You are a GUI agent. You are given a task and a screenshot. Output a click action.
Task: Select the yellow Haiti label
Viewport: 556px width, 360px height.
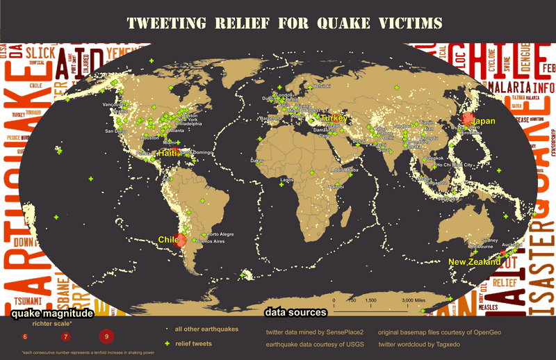(x=167, y=152)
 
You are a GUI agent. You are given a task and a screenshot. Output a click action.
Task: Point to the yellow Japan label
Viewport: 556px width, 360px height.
(x=484, y=121)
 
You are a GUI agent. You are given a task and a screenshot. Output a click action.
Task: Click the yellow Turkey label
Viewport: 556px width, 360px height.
(x=334, y=119)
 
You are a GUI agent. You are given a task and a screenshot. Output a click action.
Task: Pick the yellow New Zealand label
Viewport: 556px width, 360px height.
(x=474, y=262)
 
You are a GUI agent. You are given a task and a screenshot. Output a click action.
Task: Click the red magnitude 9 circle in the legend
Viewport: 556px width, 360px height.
(x=106, y=336)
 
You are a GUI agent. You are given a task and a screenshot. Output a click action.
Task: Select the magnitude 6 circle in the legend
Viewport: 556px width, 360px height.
(x=25, y=336)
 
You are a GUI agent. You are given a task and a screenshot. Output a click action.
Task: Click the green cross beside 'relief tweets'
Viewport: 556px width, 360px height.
(x=166, y=343)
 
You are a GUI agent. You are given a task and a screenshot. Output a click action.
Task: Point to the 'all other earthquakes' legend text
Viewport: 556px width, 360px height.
(x=206, y=329)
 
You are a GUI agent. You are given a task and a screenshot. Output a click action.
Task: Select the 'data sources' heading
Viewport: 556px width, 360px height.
(x=295, y=313)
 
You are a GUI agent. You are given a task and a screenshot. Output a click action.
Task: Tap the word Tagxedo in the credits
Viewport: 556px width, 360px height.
(x=464, y=344)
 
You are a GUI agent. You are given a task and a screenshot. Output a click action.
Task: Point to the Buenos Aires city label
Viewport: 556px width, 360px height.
(x=213, y=241)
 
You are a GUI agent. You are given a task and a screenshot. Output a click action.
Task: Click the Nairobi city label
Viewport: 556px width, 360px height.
(x=336, y=186)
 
